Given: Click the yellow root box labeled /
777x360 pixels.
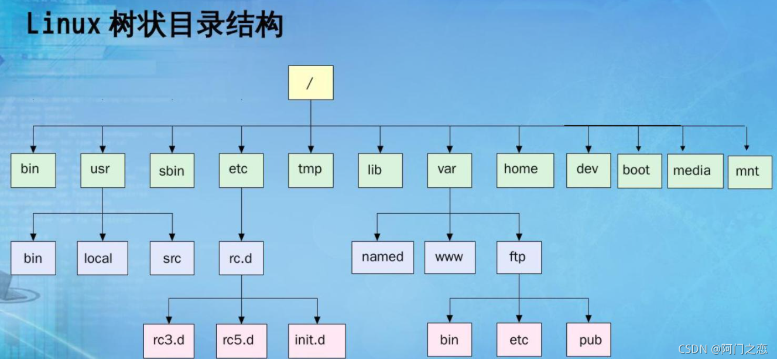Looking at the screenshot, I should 310,83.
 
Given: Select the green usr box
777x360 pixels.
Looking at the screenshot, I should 102,170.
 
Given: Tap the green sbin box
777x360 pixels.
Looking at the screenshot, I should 172,170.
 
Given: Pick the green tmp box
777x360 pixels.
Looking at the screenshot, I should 310,170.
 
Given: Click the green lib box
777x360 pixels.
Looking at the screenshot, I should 380,170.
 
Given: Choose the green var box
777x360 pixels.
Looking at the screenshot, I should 449,170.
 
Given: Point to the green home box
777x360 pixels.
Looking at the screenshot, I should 525,170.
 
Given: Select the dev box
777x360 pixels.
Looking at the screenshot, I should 588,170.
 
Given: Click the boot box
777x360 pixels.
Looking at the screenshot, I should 639,171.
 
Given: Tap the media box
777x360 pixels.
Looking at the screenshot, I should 692,171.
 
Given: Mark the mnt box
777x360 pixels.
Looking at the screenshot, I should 749,172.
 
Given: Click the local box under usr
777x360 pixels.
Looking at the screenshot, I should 102,258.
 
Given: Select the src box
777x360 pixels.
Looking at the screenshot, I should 172,258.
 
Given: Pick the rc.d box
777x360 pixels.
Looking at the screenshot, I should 241,258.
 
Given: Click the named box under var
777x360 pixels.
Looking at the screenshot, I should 382,257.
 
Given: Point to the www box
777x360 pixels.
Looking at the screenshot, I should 449,257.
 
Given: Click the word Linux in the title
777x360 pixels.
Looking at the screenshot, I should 63,25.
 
